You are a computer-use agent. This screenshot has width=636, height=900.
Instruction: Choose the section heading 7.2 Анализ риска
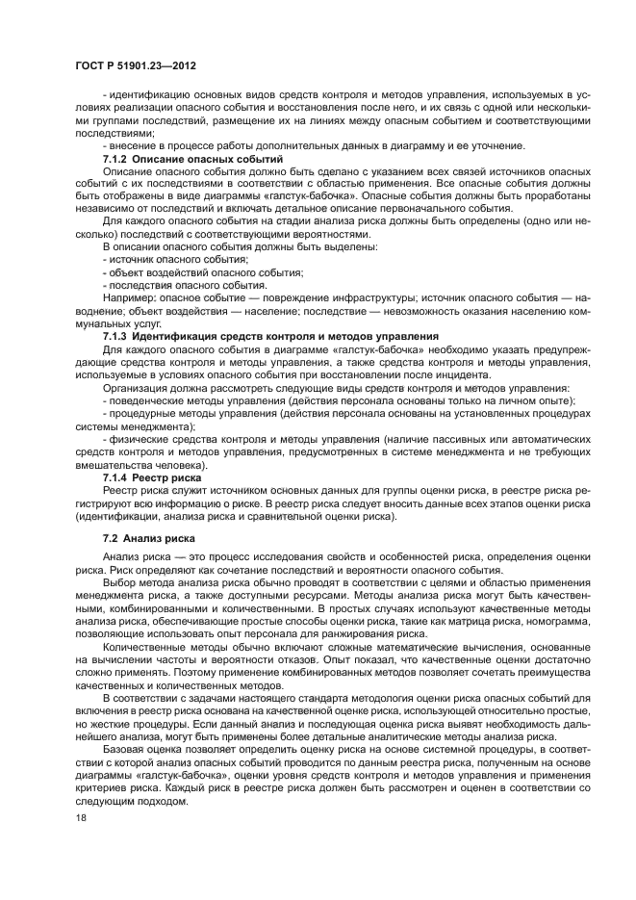147,539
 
